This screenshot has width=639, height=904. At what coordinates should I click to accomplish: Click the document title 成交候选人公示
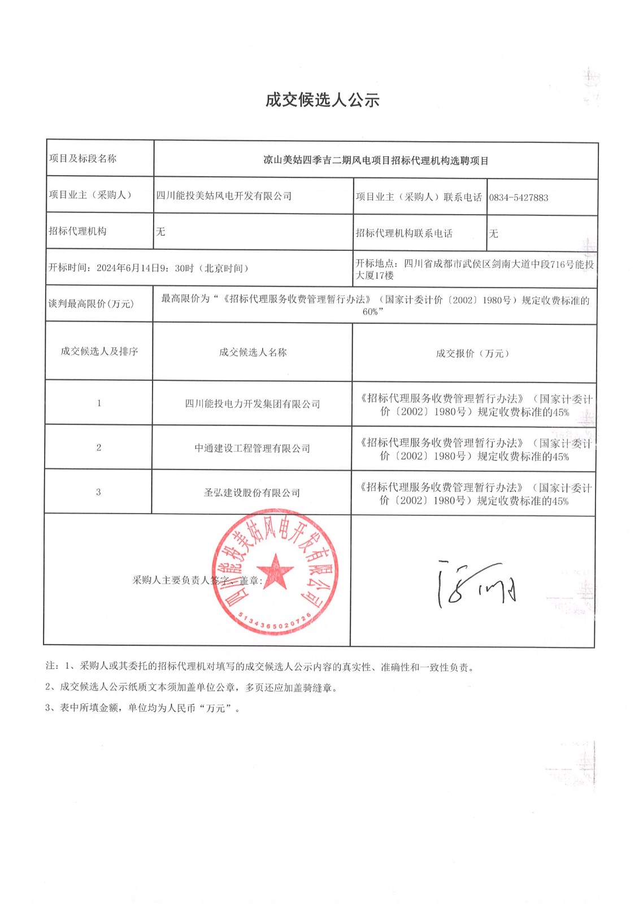[x=322, y=100]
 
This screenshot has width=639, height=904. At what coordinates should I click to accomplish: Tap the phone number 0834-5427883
[x=518, y=198]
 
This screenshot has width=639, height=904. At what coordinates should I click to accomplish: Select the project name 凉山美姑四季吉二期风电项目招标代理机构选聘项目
[x=376, y=160]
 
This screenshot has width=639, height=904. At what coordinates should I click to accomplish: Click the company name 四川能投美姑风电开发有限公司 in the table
[x=224, y=196]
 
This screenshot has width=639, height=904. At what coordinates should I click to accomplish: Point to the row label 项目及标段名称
[x=82, y=159]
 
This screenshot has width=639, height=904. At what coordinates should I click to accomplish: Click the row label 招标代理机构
[x=77, y=231]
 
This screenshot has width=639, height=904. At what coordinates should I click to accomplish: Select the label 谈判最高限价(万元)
[x=90, y=304]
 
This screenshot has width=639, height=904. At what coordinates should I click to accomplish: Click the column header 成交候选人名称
[x=253, y=353]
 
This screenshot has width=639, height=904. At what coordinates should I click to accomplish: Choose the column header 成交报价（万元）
[x=473, y=354]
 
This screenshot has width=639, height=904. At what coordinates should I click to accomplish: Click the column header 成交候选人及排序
[x=99, y=351]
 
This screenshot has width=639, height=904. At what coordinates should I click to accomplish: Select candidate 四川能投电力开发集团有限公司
[x=253, y=404]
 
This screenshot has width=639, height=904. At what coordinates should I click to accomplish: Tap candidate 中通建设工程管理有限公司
[x=253, y=449]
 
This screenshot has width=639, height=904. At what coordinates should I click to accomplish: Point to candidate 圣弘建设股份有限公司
[x=252, y=493]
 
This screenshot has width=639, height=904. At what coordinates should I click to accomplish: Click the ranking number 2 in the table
[x=99, y=447]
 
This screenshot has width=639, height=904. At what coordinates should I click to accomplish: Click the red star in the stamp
[x=275, y=572]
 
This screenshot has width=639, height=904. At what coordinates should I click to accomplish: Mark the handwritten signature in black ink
[x=476, y=585]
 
